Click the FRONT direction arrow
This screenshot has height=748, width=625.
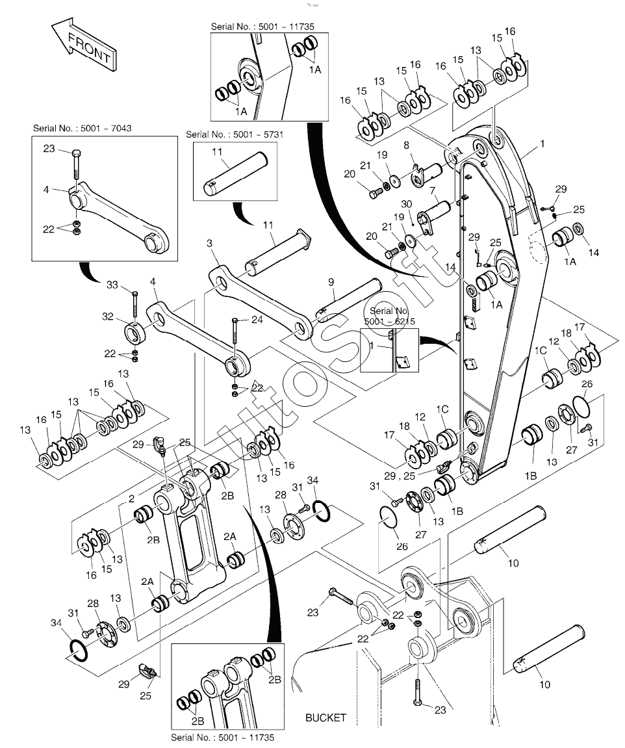pos(83,47)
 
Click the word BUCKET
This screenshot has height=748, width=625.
pos(325,717)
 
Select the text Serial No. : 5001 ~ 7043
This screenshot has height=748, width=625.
pos(82,128)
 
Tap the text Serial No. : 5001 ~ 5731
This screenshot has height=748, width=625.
pos(235,135)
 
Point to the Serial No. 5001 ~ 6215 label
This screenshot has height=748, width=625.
pos(389,316)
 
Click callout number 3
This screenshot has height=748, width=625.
pos(209,243)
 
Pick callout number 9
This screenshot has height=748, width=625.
pos(331,282)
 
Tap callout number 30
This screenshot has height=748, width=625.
pos(406,204)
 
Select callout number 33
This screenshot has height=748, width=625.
pos(112,285)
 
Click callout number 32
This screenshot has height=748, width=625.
pos(107,316)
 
